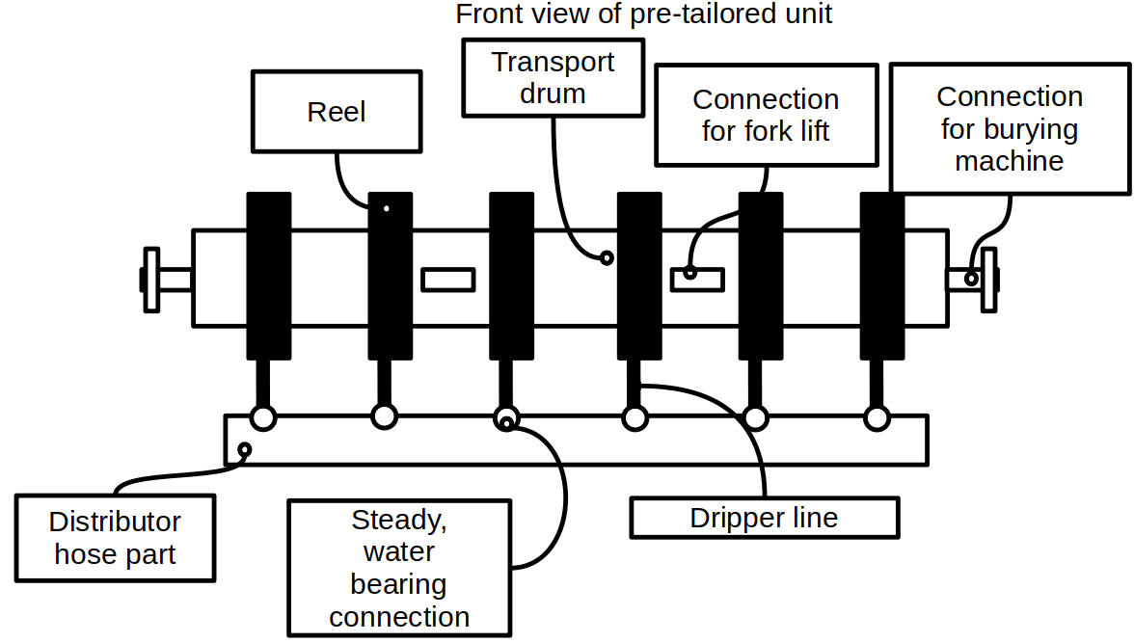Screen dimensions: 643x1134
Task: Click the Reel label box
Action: tap(337, 112)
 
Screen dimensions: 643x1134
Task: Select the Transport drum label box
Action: tap(553, 78)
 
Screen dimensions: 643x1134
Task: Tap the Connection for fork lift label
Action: tap(766, 116)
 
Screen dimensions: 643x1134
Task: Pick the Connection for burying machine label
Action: tap(1009, 128)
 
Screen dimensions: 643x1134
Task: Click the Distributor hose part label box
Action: tap(116, 538)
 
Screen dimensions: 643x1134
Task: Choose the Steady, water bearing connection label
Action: tap(399, 568)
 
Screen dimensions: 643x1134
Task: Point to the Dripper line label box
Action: tap(764, 518)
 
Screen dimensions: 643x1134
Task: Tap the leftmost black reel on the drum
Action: tap(268, 276)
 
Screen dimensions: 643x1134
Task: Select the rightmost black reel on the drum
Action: tap(882, 276)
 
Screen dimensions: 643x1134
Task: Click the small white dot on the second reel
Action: tap(387, 208)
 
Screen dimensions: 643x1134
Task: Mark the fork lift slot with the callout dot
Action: tap(697, 279)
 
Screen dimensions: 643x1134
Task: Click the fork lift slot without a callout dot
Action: tap(448, 279)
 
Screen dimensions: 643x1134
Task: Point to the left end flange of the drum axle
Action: tap(150, 280)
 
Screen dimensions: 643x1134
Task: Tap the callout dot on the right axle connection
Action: tap(971, 280)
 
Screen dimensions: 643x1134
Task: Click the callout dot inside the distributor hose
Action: tap(245, 449)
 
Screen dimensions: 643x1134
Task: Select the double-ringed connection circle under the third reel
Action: tap(506, 418)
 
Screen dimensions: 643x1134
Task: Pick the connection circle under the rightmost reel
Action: tap(877, 417)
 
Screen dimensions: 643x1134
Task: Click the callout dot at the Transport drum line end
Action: tap(607, 257)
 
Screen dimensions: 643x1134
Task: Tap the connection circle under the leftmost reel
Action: tap(263, 417)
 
